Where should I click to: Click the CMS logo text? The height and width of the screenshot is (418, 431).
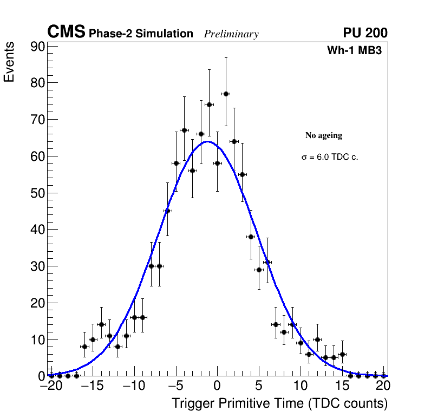[66, 33]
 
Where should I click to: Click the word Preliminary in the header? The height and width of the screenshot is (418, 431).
[231, 34]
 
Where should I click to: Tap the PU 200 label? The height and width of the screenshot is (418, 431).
[365, 33]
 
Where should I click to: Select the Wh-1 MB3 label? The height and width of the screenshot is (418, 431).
[357, 51]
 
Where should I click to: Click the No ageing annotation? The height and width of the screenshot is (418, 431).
[324, 135]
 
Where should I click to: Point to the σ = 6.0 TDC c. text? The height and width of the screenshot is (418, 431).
[330, 157]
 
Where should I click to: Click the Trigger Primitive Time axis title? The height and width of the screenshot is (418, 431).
[280, 403]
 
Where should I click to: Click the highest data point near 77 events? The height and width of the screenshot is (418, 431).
[226, 94]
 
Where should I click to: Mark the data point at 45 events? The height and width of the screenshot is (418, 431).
[167, 211]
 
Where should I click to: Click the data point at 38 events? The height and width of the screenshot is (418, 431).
[251, 237]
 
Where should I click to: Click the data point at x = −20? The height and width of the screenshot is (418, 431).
[51, 375]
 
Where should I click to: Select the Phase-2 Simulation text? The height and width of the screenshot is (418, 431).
[141, 34]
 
